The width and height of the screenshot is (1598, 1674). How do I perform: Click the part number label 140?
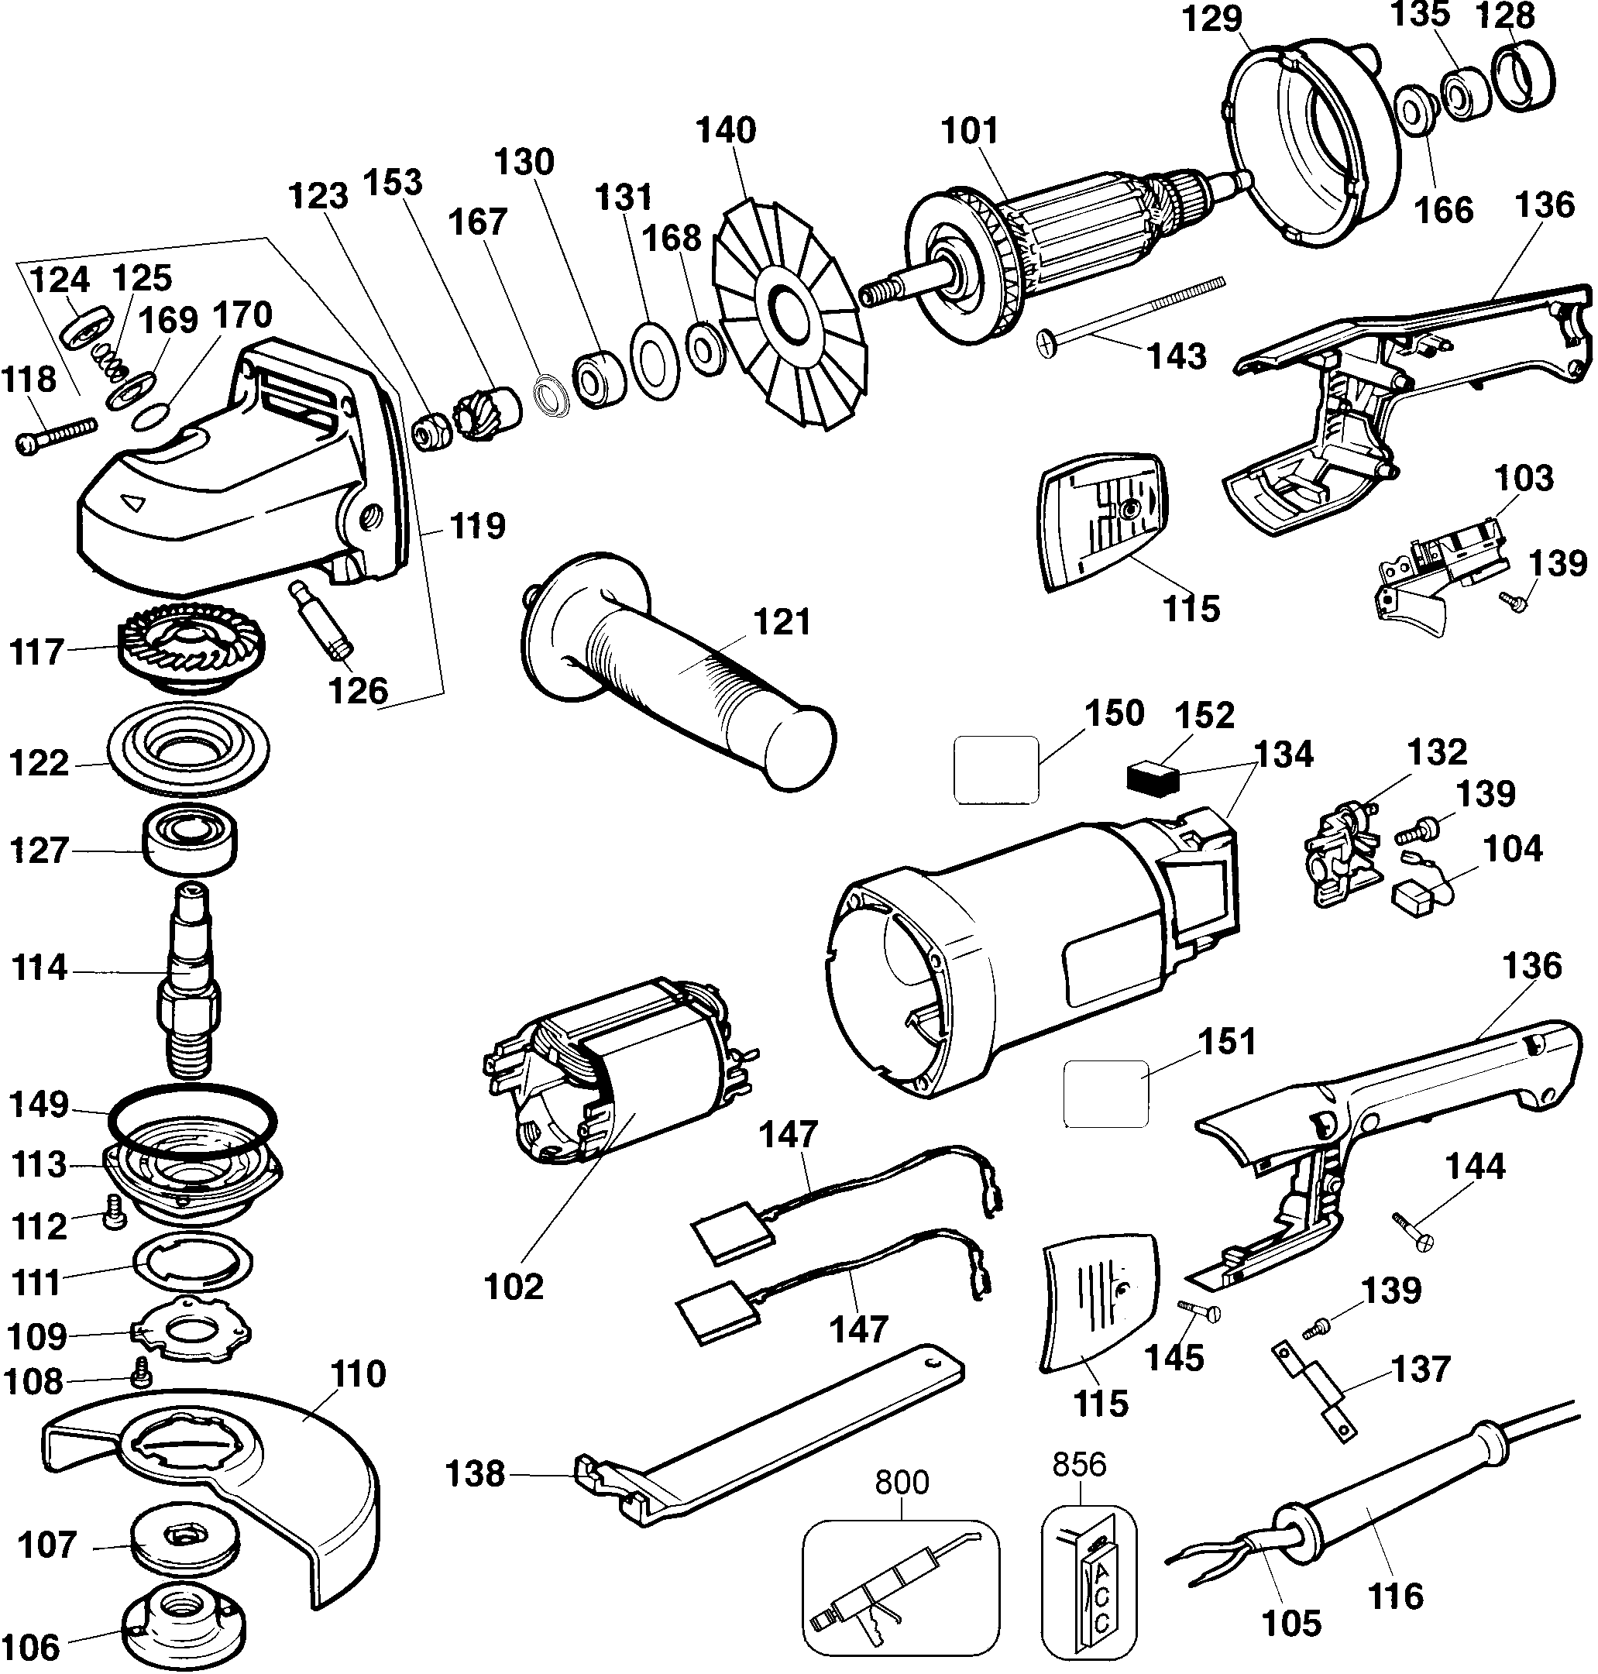[x=726, y=130]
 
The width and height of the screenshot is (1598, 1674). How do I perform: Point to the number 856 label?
[x=1079, y=1463]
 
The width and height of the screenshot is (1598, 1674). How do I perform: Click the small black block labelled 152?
[x=1151, y=778]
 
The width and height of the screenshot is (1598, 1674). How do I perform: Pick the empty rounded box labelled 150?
[x=995, y=769]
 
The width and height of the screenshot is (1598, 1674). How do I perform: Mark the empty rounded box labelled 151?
[x=1105, y=1093]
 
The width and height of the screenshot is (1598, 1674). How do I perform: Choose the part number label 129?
[x=1212, y=19]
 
